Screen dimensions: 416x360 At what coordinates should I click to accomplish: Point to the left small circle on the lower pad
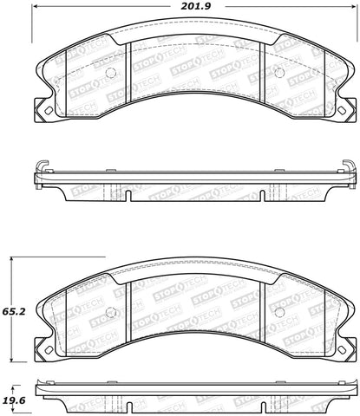point(108,313)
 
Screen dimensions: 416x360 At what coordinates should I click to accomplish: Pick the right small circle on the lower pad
point(278,313)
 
